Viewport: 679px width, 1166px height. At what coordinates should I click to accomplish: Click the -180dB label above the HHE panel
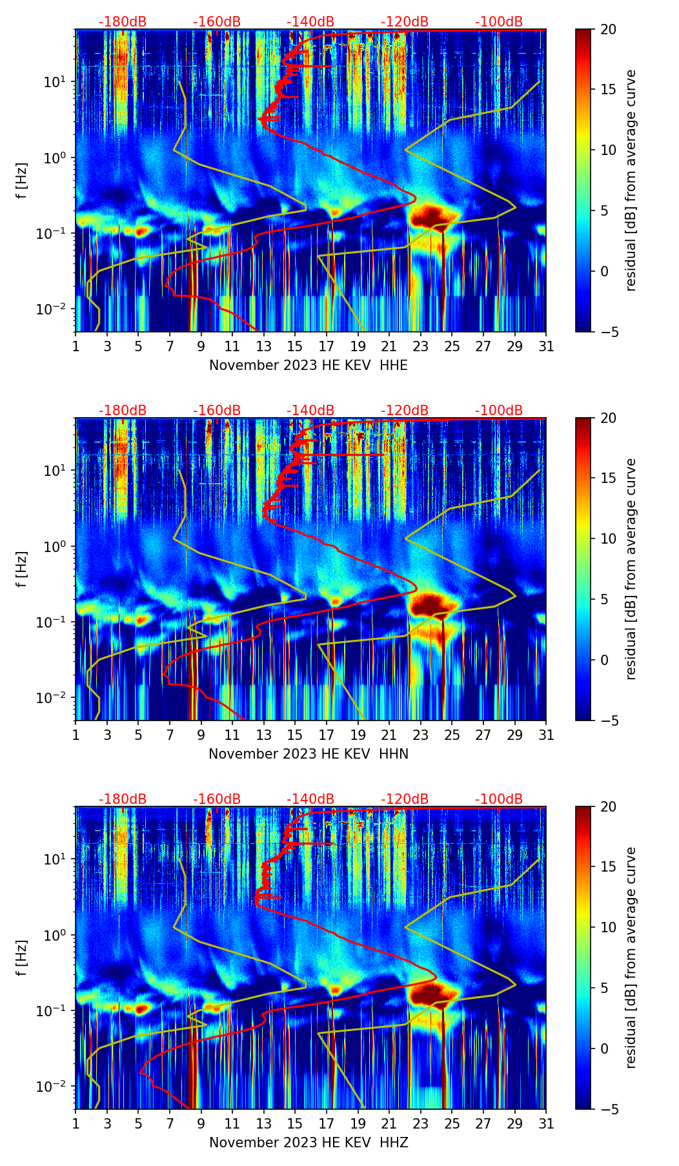(x=123, y=22)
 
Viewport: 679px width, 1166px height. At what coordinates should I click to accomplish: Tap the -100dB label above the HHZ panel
(x=499, y=799)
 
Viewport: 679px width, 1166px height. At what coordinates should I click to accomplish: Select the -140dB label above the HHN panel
(x=310, y=411)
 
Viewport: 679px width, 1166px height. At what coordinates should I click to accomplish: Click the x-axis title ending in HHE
(x=309, y=365)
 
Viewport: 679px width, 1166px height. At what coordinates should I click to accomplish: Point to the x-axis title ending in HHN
(x=309, y=754)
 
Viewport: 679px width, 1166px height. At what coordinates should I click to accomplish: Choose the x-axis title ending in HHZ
(x=309, y=1143)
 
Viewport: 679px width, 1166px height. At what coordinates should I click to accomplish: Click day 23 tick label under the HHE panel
(x=420, y=347)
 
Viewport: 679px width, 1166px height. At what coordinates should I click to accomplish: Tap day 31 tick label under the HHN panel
(x=546, y=735)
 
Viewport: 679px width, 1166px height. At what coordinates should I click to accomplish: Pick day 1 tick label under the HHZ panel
(x=76, y=1124)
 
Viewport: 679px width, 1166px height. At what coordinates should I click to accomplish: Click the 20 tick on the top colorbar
(x=608, y=30)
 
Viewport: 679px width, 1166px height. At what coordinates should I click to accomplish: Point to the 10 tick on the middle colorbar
(x=608, y=538)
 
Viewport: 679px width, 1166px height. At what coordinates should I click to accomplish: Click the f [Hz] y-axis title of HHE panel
(x=23, y=180)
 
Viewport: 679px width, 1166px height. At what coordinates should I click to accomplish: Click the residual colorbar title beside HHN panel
(x=631, y=569)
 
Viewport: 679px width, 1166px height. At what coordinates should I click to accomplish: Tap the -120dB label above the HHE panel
(x=405, y=22)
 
